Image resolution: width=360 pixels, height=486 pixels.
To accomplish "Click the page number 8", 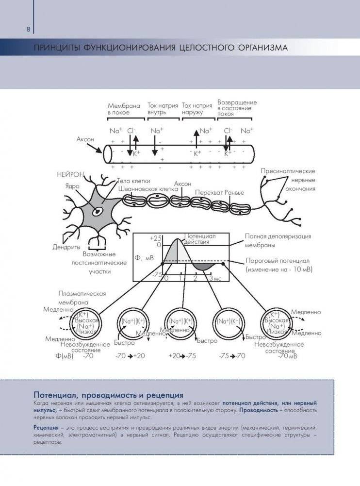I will point(28,29).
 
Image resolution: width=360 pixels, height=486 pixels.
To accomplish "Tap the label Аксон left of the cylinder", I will point(85,139).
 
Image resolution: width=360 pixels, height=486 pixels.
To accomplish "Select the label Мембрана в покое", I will point(124,108).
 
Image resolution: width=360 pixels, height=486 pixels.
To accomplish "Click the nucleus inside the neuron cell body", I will point(98,211).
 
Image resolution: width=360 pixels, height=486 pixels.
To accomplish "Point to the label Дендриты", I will point(66,247).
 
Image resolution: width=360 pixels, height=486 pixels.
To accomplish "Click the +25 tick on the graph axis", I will point(156,238).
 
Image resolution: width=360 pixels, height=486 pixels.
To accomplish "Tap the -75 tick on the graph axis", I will point(157,274).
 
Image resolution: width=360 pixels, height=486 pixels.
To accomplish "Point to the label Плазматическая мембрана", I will point(82,298).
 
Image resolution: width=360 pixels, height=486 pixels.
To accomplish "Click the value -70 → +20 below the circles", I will point(130,355).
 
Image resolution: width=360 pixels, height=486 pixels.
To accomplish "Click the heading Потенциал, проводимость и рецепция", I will point(108,394).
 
